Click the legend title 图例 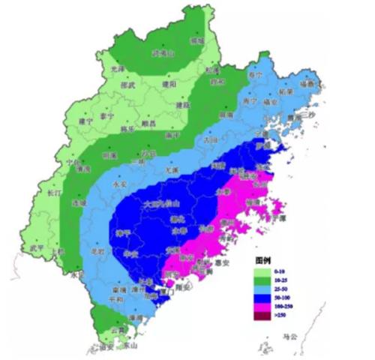pyautogui.click(x=262, y=257)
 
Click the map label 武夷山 pyautogui.click(x=163, y=54)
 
